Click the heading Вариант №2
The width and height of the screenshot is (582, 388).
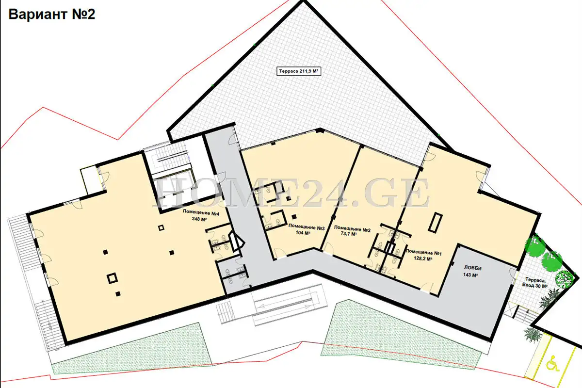(52, 14)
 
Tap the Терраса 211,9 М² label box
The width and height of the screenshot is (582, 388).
(299, 71)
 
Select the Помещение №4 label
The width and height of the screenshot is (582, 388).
(201, 212)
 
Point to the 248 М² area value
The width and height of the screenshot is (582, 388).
(199, 219)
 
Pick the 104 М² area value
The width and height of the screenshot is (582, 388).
(303, 233)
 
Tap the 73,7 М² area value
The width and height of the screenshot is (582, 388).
(348, 234)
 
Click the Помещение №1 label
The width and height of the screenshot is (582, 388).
(424, 252)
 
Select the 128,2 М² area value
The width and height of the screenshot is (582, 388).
(423, 259)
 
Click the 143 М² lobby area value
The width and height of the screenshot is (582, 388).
(470, 275)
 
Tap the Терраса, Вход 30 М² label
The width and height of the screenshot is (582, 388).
(535, 282)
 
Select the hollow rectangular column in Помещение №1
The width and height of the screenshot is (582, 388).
(435, 222)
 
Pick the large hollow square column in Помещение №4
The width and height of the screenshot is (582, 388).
(112, 278)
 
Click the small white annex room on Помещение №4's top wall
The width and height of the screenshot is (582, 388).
(90, 180)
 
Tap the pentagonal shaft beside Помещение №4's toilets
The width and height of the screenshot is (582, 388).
(236, 242)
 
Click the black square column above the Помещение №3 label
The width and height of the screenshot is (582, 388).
(294, 216)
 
